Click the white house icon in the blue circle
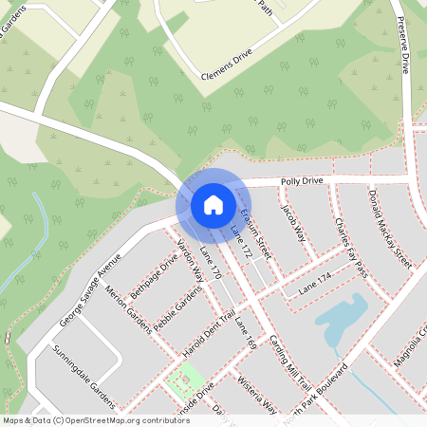point(213,204)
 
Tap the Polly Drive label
point(301,180)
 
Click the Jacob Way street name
point(292,221)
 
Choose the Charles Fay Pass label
point(350,247)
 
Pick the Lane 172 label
point(242,241)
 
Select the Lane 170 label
point(211,263)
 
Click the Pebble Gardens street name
point(176,307)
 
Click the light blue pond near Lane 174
point(341,318)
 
